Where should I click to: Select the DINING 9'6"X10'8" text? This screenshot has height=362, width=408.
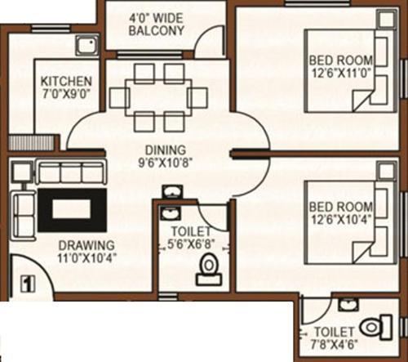pos(166,155)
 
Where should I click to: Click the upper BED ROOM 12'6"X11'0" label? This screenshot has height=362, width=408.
pos(339,66)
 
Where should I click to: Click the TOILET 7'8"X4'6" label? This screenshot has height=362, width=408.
pos(333,337)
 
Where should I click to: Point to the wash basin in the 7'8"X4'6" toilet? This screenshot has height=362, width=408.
pos(348,305)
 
